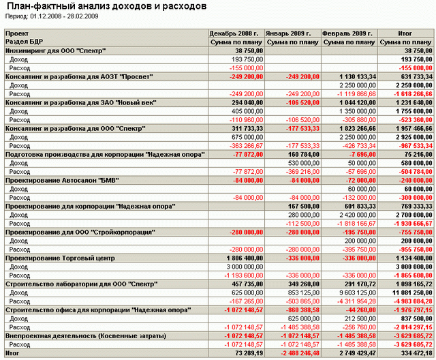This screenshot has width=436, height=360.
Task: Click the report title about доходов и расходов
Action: (106, 6)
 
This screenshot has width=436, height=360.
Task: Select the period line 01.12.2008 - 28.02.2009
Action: (52, 16)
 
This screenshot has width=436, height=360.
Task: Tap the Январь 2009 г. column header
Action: (288, 33)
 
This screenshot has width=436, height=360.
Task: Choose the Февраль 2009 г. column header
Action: (347, 33)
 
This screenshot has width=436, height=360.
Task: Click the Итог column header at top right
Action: (405, 33)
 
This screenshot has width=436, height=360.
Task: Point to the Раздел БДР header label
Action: (24, 42)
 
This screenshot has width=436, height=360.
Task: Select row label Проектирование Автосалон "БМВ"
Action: (62, 181)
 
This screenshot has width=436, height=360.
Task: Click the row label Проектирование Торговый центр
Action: (60, 258)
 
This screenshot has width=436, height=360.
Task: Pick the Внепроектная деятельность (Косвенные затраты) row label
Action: (86, 336)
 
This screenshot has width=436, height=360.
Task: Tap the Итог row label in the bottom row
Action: (12, 353)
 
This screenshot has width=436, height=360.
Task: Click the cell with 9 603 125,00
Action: (357, 292)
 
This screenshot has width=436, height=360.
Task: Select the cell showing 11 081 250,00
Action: (412, 292)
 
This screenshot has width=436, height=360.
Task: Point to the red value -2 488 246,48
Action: (300, 353)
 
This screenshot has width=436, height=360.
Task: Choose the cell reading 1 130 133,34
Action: (358, 77)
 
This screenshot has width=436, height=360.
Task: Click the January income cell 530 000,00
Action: (304, 163)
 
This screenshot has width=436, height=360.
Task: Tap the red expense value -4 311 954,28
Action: (357, 301)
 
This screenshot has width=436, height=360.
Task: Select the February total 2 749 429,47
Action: (358, 353)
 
